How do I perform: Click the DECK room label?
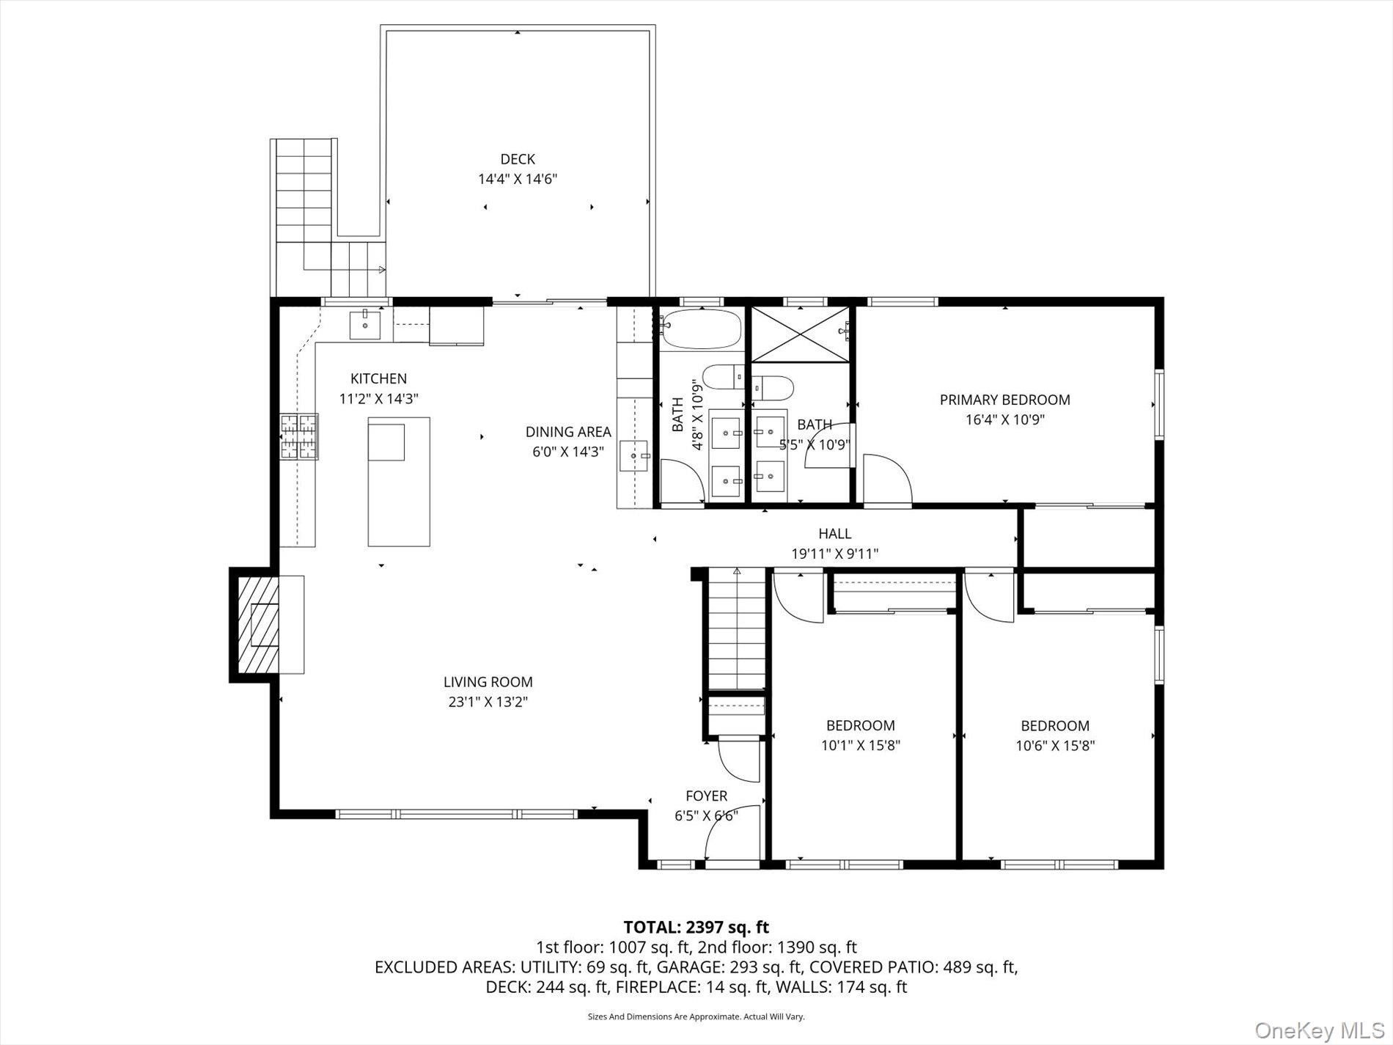[x=517, y=159]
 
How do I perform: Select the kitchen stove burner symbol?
[x=299, y=436]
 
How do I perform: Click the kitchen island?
[x=398, y=482]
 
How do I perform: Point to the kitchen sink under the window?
[x=364, y=325]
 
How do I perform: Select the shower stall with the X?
[x=799, y=334]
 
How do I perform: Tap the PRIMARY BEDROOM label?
[x=1004, y=400]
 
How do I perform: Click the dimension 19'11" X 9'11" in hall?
[x=834, y=554]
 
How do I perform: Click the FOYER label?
[x=706, y=796]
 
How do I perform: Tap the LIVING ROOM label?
[x=488, y=682]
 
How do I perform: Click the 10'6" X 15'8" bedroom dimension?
[x=1055, y=746]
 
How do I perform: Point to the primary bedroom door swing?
[x=887, y=479]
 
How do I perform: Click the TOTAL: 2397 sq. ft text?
[x=696, y=928]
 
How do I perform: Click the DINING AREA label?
[x=567, y=432]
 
